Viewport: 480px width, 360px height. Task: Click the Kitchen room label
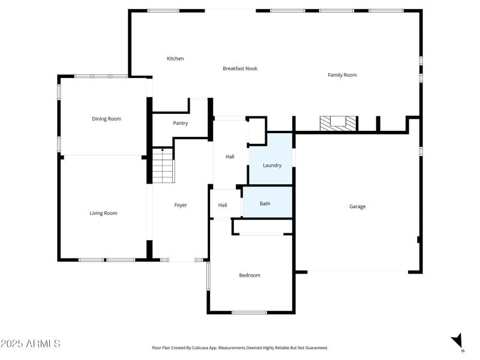(x=175, y=58)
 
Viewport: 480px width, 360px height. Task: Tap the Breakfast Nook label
(x=240, y=68)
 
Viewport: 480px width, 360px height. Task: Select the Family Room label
(x=342, y=75)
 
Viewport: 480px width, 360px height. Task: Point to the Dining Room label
(x=106, y=119)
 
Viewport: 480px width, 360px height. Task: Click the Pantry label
(x=180, y=123)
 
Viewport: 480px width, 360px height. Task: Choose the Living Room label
(x=103, y=213)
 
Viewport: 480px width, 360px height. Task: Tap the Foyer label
(x=181, y=205)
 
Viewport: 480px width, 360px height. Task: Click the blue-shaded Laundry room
(x=272, y=165)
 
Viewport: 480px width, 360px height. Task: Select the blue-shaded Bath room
(x=265, y=203)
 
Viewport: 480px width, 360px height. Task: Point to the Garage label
(x=358, y=206)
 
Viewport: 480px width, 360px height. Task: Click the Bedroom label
(x=250, y=275)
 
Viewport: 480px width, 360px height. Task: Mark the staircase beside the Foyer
(x=162, y=167)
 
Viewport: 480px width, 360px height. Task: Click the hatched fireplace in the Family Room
(x=338, y=123)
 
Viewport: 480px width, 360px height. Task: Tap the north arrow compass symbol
(x=458, y=340)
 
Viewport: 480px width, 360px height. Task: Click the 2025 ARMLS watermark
(x=31, y=344)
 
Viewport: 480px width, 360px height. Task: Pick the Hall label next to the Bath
(x=223, y=205)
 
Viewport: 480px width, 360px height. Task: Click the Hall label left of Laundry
(x=230, y=157)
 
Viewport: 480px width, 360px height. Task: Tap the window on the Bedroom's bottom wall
(x=249, y=312)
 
